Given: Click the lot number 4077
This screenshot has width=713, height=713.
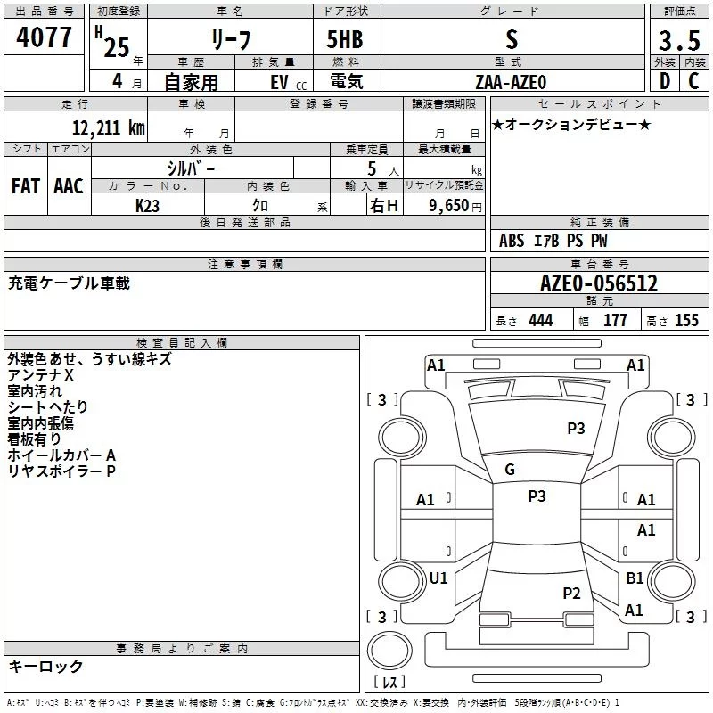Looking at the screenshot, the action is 44,37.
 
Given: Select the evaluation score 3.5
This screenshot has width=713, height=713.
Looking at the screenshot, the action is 679,40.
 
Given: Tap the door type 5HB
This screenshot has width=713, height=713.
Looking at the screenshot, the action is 345,39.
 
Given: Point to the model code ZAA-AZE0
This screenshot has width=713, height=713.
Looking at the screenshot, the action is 511,82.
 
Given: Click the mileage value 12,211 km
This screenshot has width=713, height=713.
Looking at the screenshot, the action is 108,127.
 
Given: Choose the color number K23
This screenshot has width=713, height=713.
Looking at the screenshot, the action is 147,206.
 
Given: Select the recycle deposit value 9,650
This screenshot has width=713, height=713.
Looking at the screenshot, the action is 449,206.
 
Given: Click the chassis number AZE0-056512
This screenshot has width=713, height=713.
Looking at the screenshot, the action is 599,283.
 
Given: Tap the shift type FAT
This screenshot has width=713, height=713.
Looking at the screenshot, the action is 26,186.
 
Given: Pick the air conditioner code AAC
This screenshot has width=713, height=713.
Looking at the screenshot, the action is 69,186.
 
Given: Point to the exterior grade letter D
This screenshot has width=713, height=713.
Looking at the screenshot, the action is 665,81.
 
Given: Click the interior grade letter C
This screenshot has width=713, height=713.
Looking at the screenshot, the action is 693,81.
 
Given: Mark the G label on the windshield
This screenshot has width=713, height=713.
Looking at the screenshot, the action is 510,470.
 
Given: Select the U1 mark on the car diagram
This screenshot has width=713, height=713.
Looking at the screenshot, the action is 438,578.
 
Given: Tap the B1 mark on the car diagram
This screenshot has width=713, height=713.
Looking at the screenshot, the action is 635,578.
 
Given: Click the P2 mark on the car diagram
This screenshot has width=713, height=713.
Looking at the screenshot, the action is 571,593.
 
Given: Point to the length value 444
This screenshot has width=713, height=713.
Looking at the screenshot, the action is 541,320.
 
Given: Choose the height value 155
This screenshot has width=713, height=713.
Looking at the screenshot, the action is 686,320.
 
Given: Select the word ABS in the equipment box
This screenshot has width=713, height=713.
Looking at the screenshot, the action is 512,241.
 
